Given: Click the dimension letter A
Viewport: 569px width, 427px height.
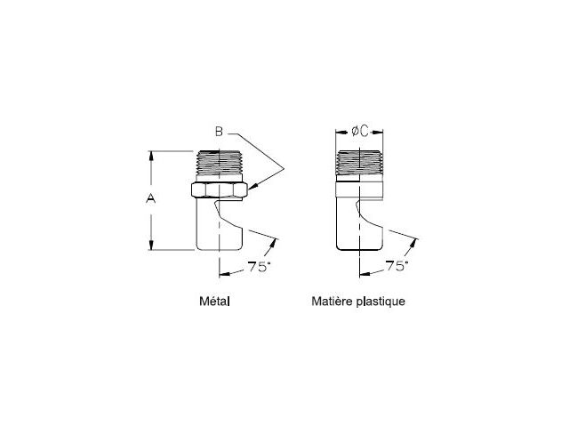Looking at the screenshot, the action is point(150,199).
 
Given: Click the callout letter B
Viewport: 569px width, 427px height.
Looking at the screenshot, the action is point(219,131).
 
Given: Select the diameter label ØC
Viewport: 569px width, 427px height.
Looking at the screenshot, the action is point(359,131).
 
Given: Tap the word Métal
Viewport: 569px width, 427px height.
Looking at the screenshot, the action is point(214,301).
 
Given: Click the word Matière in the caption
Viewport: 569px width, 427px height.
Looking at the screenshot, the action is point(332,301).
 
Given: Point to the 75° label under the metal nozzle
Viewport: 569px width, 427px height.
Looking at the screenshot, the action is point(259,267).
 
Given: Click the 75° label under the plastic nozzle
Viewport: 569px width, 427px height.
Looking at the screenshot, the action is point(397,266).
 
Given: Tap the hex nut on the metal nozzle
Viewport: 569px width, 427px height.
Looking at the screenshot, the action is point(220,189).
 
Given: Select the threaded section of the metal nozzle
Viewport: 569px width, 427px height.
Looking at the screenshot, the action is point(220,163).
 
